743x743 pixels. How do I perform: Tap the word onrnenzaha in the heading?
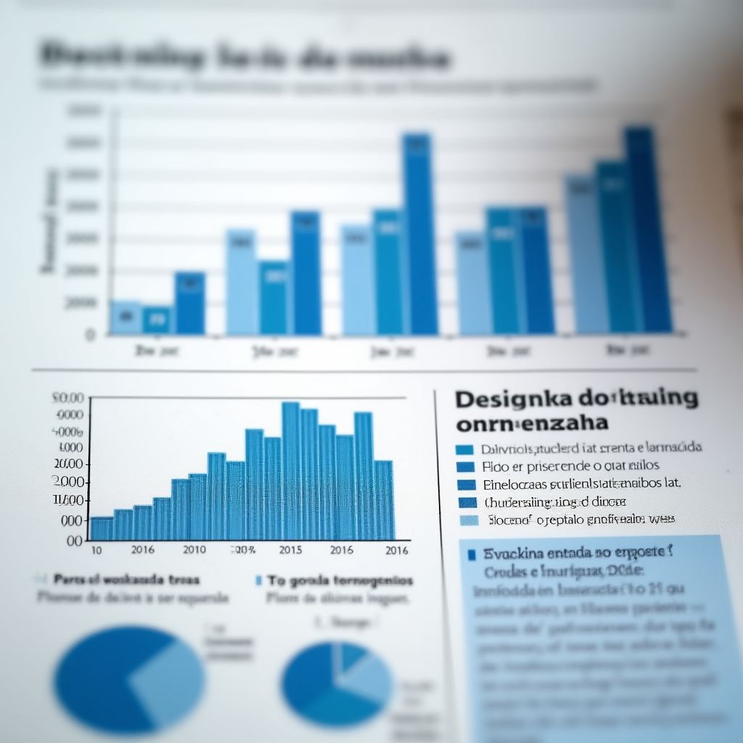[532, 422]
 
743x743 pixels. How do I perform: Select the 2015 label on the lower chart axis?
[290, 550]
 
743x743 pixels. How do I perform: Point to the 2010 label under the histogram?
[194, 549]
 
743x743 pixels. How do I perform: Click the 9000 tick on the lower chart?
[70, 415]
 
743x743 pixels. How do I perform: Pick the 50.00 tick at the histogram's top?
[68, 398]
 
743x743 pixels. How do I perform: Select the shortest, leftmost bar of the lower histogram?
[101, 528]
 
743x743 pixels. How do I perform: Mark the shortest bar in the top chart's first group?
[157, 320]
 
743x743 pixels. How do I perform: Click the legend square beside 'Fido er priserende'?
[466, 467]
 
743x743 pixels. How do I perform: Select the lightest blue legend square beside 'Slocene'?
[470, 520]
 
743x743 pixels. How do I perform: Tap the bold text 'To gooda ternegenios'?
[340, 580]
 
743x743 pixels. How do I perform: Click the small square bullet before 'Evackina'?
[472, 555]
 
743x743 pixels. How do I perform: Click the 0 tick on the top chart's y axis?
[90, 335]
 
